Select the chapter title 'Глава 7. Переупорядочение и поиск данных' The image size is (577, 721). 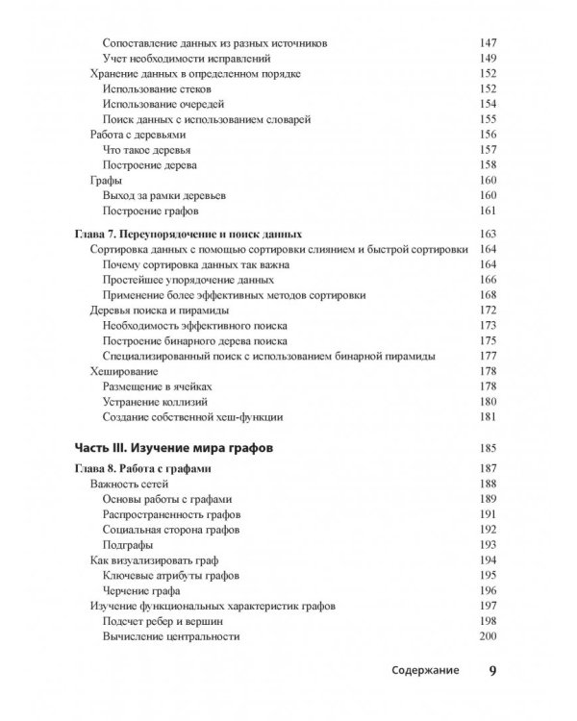188,234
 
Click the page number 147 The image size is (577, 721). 487,43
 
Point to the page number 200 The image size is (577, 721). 487,636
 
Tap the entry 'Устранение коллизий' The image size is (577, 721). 154,401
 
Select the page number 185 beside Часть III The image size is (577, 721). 487,447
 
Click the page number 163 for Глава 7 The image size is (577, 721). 487,234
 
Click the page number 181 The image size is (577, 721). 487,416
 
